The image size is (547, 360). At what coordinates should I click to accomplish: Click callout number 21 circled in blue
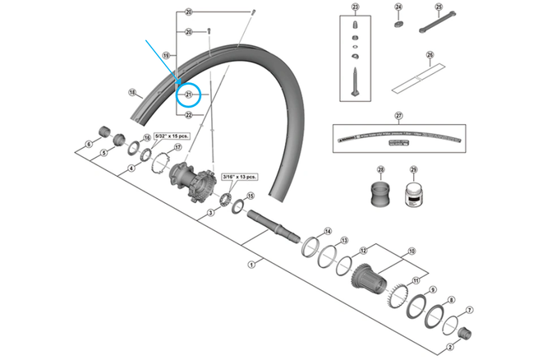click(188, 95)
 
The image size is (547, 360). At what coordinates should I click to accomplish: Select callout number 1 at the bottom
click(251, 265)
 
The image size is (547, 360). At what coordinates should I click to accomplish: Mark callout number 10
click(411, 251)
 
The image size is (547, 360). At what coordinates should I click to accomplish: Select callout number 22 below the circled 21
click(188, 115)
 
